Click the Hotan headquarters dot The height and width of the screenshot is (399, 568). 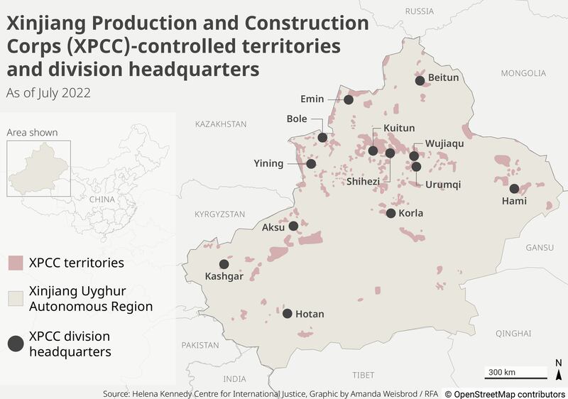[288, 313]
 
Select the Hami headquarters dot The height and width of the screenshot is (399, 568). [514, 188]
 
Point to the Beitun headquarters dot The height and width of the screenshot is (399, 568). [420, 81]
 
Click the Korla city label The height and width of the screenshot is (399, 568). [411, 213]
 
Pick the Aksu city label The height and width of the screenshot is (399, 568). [273, 227]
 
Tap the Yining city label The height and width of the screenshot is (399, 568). [268, 163]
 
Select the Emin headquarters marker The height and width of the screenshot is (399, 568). [349, 100]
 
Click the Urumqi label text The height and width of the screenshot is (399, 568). [443, 185]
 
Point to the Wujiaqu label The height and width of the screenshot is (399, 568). [444, 143]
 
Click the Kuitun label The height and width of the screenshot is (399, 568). [399, 129]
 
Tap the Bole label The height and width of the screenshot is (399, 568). [297, 119]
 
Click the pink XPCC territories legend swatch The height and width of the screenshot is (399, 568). [16, 263]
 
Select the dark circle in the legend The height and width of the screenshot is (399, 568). [16, 344]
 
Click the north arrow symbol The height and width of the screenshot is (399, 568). [558, 371]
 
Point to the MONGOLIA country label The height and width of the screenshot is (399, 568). [523, 73]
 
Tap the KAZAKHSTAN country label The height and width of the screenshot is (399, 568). [221, 124]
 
